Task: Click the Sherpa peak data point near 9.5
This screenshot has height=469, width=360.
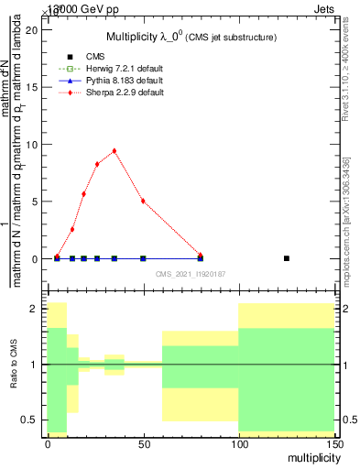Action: [x=115, y=151]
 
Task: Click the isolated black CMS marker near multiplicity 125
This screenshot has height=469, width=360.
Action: [x=287, y=258]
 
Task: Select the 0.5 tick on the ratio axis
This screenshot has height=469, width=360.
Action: [x=33, y=420]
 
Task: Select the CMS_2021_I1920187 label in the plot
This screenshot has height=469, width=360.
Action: [x=189, y=273]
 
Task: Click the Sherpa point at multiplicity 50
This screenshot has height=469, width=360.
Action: [x=143, y=201]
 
